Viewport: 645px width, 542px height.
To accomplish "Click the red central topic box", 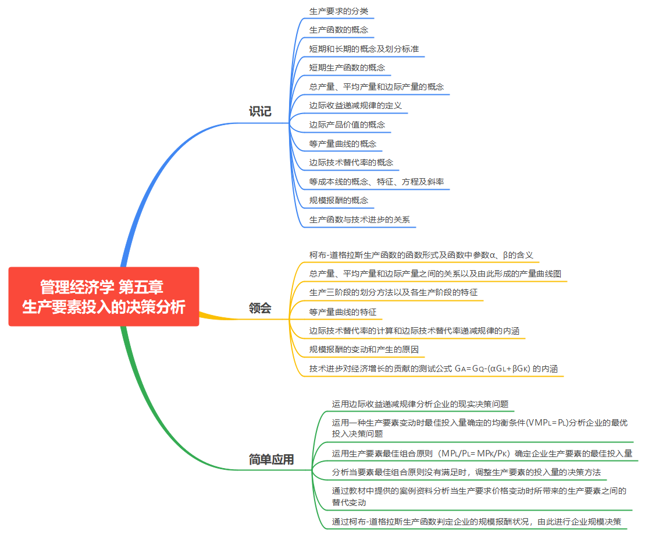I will click(x=104, y=296).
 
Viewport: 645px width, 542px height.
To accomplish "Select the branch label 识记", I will click(x=260, y=111).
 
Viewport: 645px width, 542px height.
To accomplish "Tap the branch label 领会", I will click(x=260, y=308).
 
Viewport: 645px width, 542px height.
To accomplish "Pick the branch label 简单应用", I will click(x=271, y=459).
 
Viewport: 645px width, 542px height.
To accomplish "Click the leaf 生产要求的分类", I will click(x=338, y=11).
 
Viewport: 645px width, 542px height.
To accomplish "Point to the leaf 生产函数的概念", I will click(x=338, y=30).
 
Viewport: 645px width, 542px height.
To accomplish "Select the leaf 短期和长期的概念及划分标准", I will click(x=364, y=49).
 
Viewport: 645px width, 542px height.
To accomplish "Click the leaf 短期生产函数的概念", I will click(x=347, y=68).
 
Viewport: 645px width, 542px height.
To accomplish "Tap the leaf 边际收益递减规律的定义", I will click(x=355, y=106).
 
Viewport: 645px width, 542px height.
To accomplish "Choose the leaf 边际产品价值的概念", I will click(x=347, y=125).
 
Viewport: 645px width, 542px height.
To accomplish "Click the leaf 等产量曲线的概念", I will click(x=343, y=144).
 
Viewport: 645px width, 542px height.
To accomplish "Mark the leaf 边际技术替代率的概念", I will click(x=351, y=162).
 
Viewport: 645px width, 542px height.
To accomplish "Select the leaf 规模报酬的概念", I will click(x=338, y=200).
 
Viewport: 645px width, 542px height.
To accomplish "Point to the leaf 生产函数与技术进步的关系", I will click(x=359, y=219).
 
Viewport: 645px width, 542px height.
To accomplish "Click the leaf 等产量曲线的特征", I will click(x=343, y=312).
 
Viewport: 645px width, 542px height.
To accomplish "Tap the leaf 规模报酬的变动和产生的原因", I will click(x=364, y=350).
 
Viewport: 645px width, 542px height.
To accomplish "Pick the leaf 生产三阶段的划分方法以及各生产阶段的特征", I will click(x=393, y=292).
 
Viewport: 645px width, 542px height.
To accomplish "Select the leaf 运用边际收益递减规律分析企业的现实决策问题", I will click(x=420, y=403).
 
